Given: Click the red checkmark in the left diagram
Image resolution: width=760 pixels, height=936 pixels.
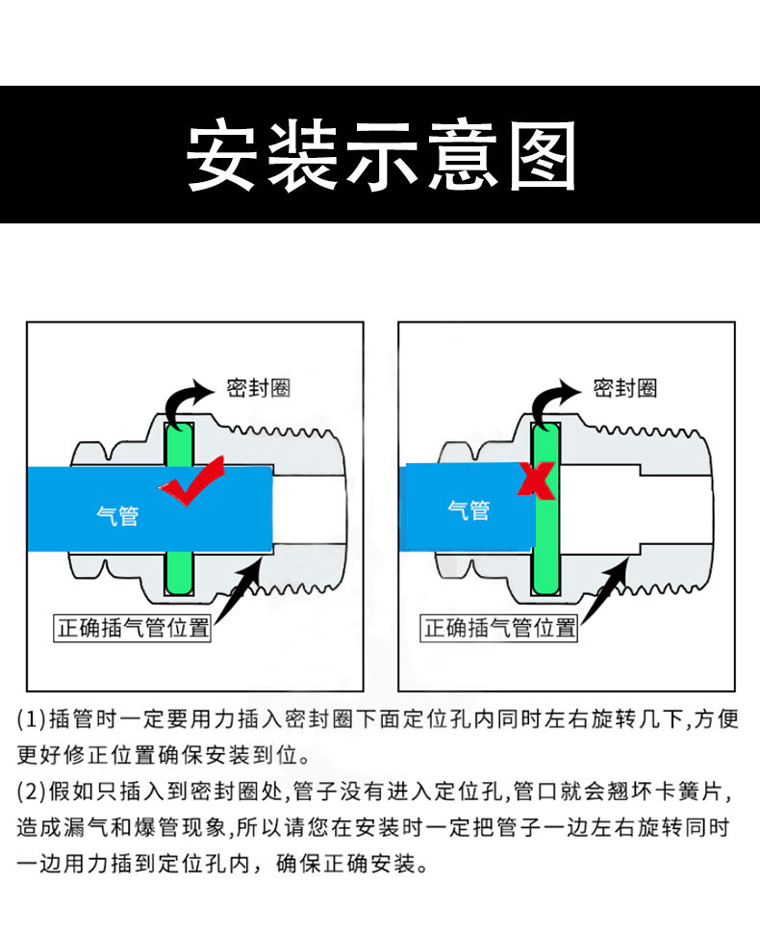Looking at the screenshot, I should pyautogui.click(x=194, y=483).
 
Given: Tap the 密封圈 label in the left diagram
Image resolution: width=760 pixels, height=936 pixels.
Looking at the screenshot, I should pyautogui.click(x=258, y=388).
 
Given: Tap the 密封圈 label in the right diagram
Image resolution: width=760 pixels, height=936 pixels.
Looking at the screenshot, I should pyautogui.click(x=624, y=388).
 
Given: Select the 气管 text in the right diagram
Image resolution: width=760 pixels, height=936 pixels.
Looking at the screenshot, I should pyautogui.click(x=469, y=510).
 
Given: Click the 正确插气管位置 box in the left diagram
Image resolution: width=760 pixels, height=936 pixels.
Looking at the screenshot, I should pyautogui.click(x=133, y=629).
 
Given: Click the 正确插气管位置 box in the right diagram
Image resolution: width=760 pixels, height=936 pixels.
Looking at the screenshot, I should pyautogui.click(x=500, y=629).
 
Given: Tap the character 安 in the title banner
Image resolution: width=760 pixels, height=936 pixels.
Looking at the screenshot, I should pyautogui.click(x=221, y=155).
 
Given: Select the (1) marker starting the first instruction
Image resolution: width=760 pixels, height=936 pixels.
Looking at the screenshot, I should pyautogui.click(x=32, y=718).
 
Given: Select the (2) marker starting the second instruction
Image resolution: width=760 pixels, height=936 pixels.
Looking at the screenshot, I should pyautogui.click(x=32, y=793).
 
